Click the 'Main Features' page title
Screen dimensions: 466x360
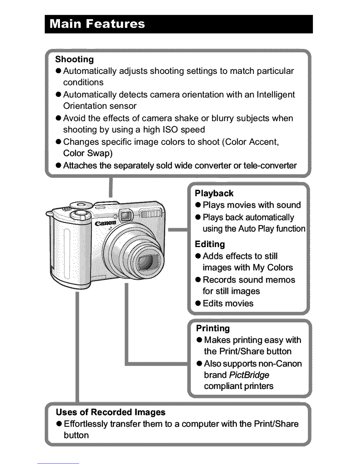pos(97,24)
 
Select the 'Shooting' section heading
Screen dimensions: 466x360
pos(74,59)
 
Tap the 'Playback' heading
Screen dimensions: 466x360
pos(214,193)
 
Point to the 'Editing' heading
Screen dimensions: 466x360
pos(210,244)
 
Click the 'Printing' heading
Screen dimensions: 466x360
pos(213,328)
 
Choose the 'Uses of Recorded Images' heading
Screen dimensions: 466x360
pos(111,412)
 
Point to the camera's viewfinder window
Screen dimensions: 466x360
pos(126,216)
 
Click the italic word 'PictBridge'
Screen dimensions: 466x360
pos(249,375)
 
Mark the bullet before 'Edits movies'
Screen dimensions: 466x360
pos(198,303)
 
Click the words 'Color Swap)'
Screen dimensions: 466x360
pos(88,153)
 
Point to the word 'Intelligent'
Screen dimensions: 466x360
pos(276,95)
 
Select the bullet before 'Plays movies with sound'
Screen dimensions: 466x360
pos(198,205)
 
